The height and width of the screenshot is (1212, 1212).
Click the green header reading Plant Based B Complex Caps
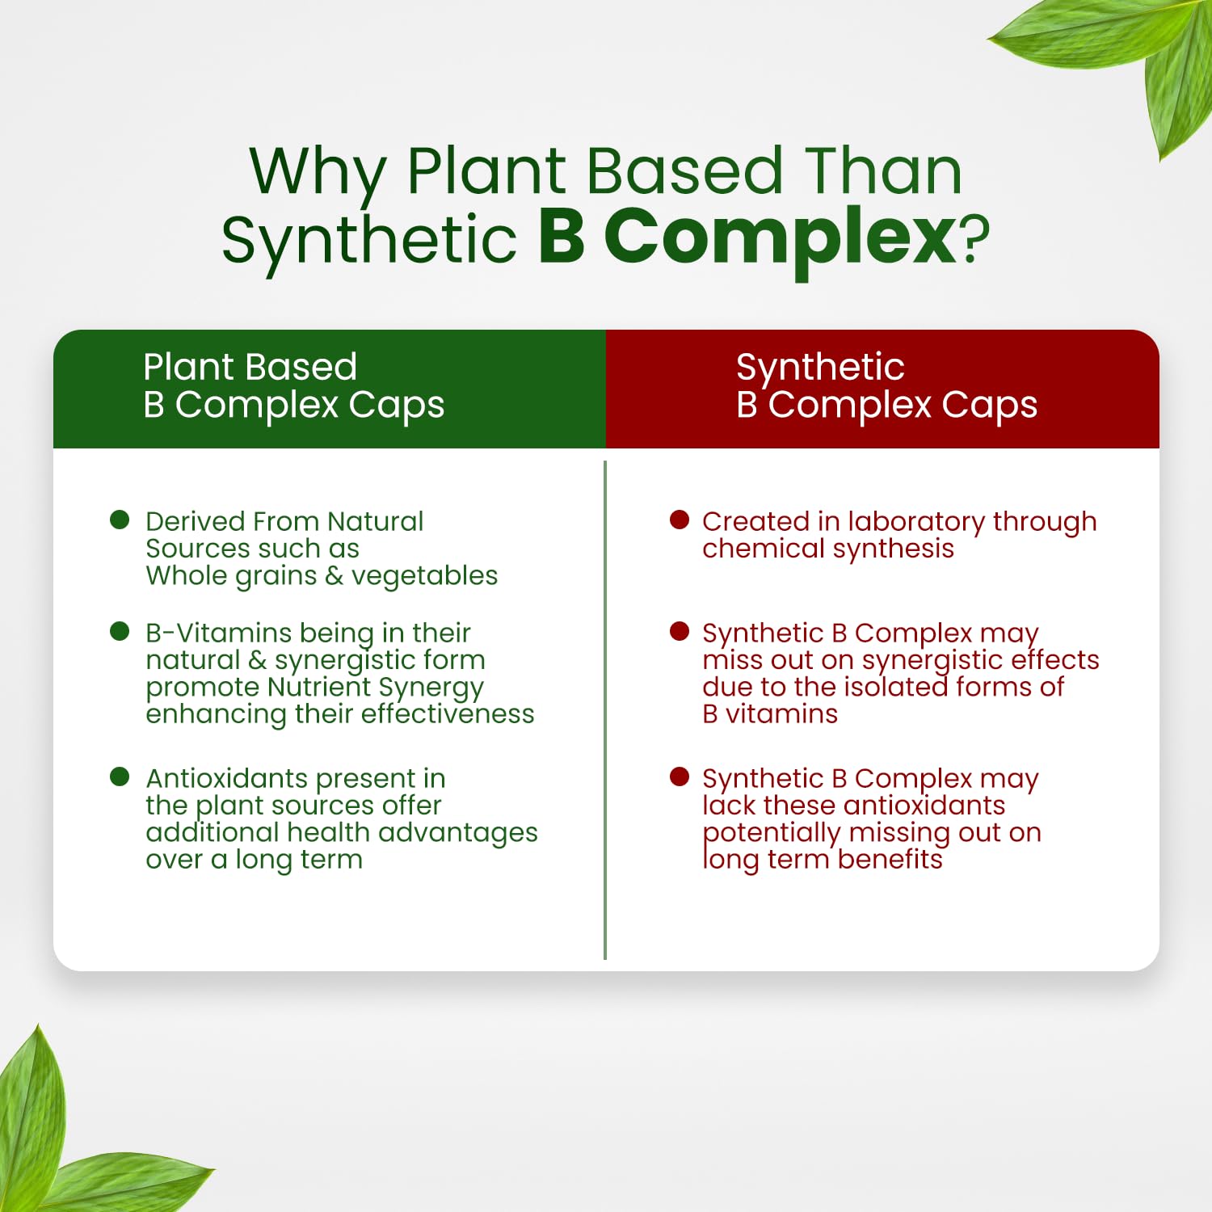point(330,389)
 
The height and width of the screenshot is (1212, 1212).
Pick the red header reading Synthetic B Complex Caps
point(882,389)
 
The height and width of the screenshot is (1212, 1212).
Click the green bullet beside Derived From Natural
point(120,520)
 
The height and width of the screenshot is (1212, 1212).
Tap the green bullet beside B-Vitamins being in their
point(120,631)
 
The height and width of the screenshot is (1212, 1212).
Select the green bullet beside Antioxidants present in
point(120,776)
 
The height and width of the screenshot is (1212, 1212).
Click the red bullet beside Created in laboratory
point(680,520)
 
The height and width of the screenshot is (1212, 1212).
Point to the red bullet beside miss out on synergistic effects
point(680,631)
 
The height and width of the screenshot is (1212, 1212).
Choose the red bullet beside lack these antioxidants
point(680,776)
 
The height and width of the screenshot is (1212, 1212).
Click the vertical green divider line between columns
point(605,710)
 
